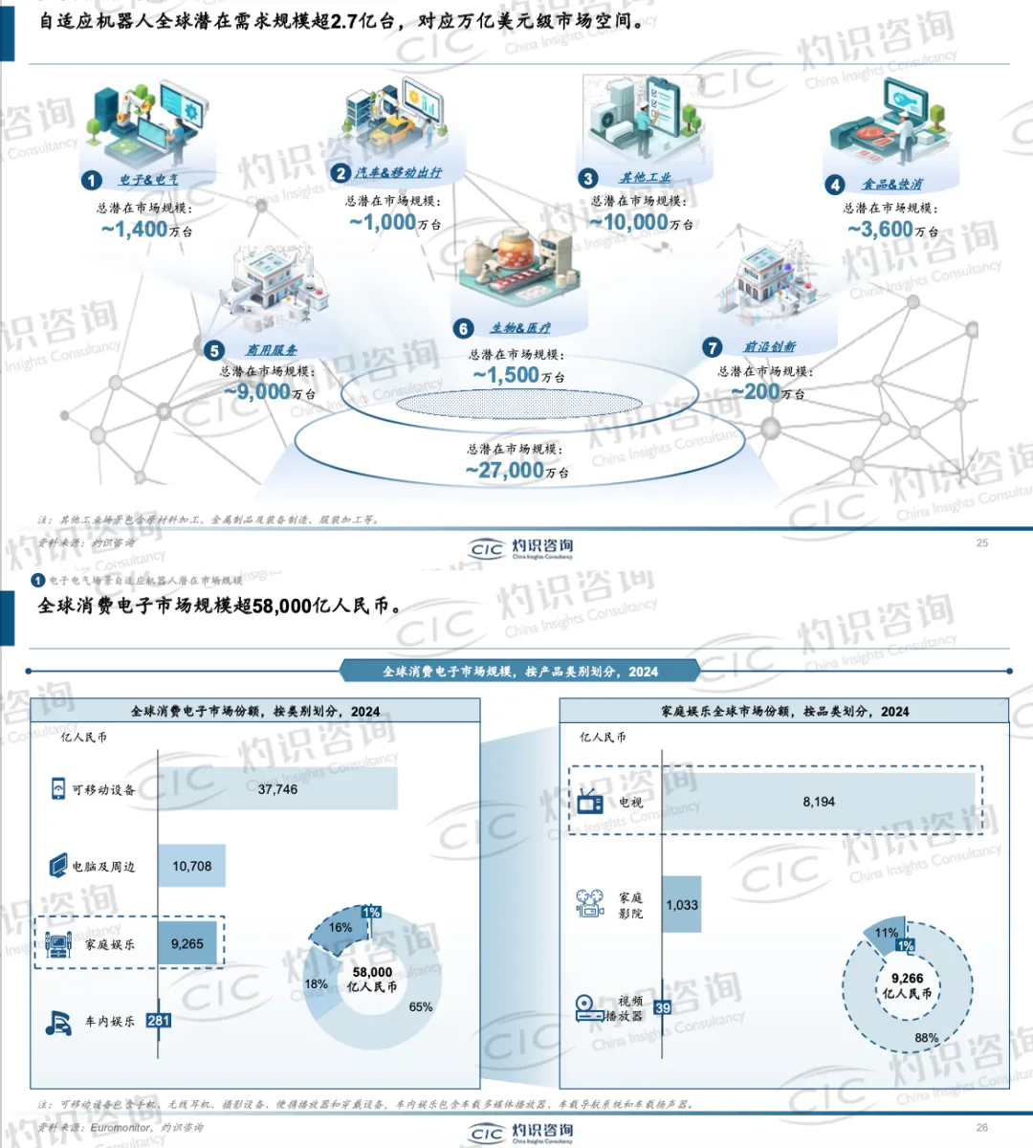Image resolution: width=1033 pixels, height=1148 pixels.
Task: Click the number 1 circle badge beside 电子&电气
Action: coord(92,180)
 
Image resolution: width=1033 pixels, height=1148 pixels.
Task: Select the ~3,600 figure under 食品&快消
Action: coord(881,230)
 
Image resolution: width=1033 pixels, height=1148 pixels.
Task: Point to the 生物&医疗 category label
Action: coord(520,328)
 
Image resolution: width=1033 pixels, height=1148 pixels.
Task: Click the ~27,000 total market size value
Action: coord(505,471)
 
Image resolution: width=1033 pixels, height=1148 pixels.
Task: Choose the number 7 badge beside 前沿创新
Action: coord(712,347)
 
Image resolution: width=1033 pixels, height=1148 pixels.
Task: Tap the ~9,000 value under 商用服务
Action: coord(257,391)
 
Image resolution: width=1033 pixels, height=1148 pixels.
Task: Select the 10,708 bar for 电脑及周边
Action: coord(191,866)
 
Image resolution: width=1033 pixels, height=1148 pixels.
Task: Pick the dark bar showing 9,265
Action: coord(187,944)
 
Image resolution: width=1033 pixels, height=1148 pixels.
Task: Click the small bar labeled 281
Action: coord(159,1021)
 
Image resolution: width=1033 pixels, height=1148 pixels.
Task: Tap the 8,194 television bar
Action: coord(819,802)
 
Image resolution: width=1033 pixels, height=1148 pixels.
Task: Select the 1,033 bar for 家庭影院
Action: coord(682,904)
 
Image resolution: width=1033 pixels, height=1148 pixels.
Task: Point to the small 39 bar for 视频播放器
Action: coord(663,1007)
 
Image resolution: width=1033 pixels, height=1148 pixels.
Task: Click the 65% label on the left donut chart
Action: coord(421,1006)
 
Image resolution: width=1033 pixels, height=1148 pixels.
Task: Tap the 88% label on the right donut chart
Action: coord(926,1037)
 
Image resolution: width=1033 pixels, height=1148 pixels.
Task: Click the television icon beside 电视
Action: coord(590,802)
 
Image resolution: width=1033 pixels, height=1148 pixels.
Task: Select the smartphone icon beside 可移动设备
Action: coord(58,788)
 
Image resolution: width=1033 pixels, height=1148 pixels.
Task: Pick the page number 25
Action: coord(982,542)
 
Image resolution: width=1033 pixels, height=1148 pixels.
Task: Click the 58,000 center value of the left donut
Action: coord(372,972)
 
